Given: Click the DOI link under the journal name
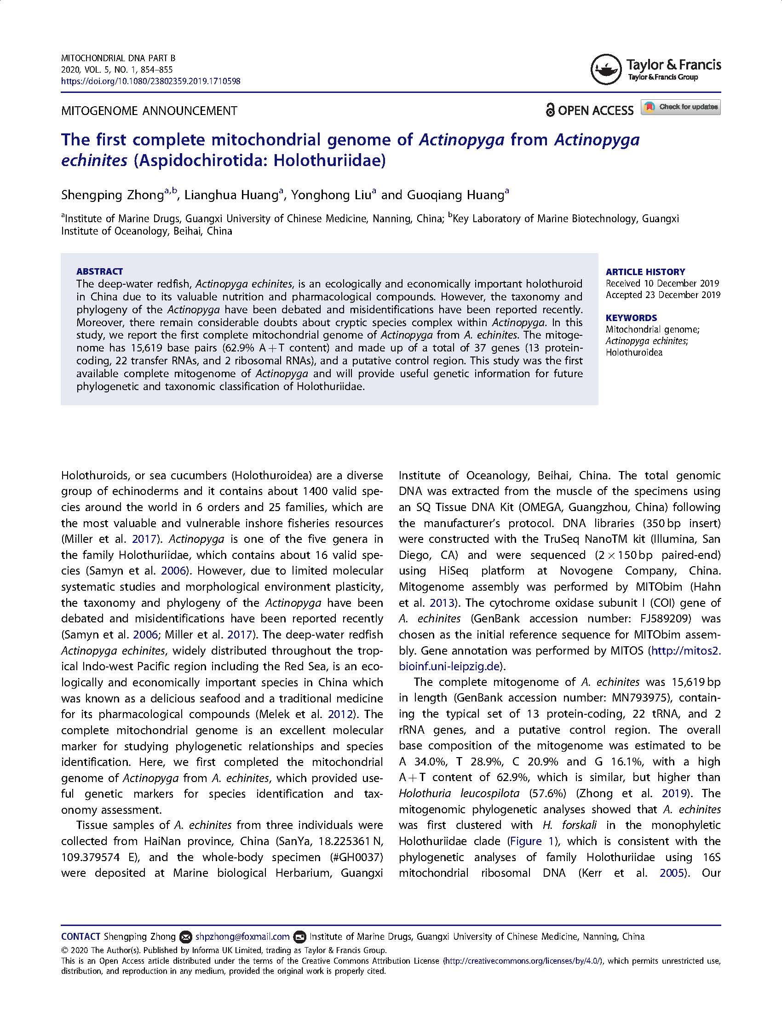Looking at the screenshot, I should point(150,81).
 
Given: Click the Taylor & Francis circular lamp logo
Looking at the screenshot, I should point(605,69).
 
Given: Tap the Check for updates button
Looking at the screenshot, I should point(680,107).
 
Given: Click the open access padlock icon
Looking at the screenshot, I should point(550,110).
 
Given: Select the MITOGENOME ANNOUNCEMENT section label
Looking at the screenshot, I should point(149,111).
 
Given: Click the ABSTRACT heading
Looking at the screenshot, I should point(100,271).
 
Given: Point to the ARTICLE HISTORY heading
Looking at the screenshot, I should point(645,271).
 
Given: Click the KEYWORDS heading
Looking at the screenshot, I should point(631,317).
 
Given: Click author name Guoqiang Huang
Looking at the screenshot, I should point(455,195).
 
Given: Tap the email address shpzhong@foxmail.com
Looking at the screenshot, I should point(242,937).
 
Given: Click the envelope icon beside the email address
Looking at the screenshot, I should point(185,937).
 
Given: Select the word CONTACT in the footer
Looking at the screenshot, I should point(80,937).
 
